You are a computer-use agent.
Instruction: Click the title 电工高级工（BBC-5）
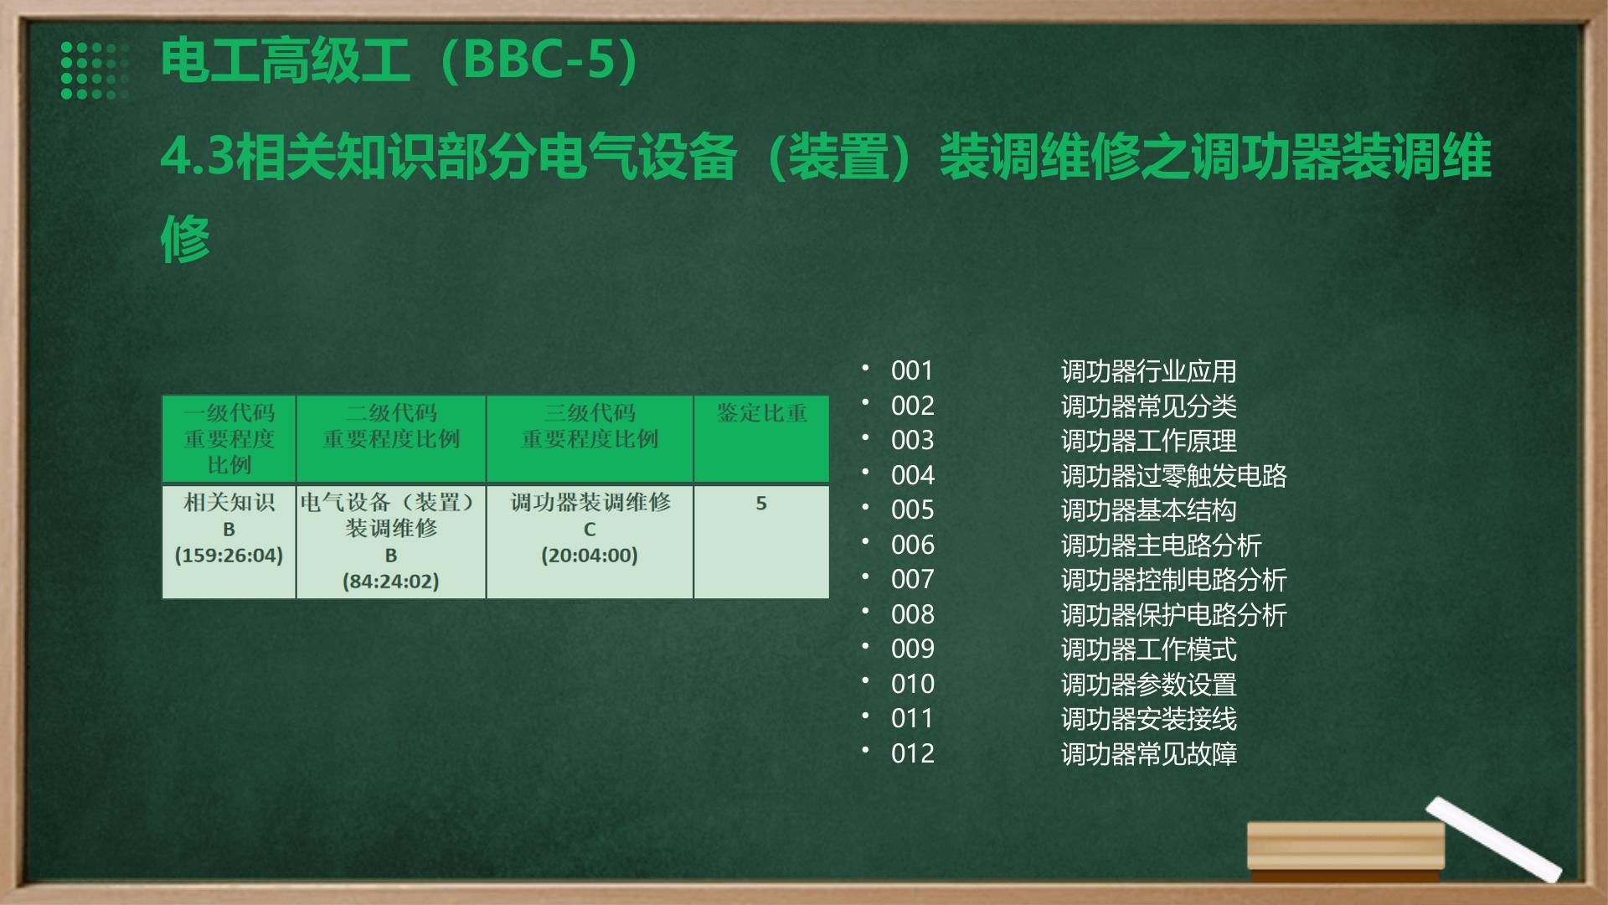(x=399, y=60)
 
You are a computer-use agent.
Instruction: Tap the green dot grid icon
(x=95, y=70)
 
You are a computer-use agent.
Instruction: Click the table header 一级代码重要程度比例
(x=229, y=438)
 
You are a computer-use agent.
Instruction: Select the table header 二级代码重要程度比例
(x=391, y=426)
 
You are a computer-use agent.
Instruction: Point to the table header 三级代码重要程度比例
(x=590, y=426)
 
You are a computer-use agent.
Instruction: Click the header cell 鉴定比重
(x=761, y=413)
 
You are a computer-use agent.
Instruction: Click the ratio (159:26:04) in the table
(x=229, y=556)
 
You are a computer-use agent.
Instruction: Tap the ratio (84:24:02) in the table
(x=391, y=582)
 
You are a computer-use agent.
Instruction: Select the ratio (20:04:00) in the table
(x=590, y=556)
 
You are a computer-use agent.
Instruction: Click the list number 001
(x=912, y=370)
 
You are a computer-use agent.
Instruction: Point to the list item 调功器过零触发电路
(x=1173, y=475)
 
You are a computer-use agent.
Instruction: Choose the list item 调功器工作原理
(x=1148, y=441)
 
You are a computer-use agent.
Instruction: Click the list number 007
(x=912, y=579)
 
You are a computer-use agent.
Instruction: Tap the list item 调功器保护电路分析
(x=1173, y=614)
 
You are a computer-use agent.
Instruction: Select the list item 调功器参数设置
(x=1148, y=684)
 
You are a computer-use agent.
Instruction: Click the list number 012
(x=912, y=753)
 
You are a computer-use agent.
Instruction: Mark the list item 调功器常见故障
(x=1148, y=753)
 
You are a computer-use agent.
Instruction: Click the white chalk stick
(x=1493, y=839)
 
